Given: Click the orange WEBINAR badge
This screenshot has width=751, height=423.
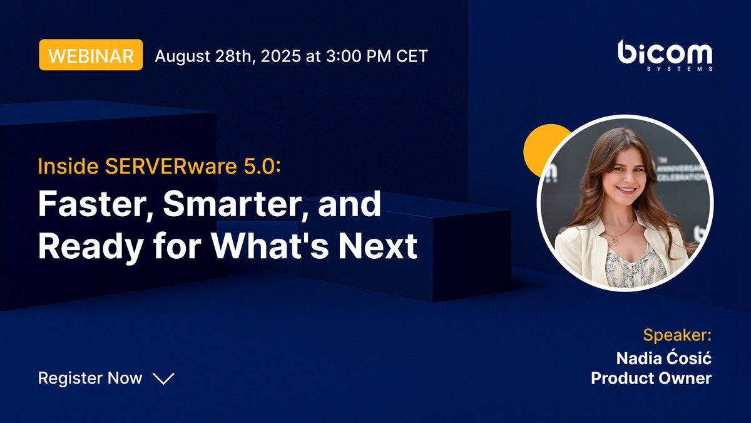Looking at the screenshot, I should (91, 55).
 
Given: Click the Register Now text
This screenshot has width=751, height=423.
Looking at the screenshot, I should (90, 378).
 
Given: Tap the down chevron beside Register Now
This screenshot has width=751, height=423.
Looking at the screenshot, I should (163, 379).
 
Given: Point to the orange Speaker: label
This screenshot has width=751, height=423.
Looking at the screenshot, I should (677, 334).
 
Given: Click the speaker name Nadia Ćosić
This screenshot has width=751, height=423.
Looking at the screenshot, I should (664, 359).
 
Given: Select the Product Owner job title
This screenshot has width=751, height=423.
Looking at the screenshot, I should (651, 379).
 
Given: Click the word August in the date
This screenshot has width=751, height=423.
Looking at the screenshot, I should (182, 56).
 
